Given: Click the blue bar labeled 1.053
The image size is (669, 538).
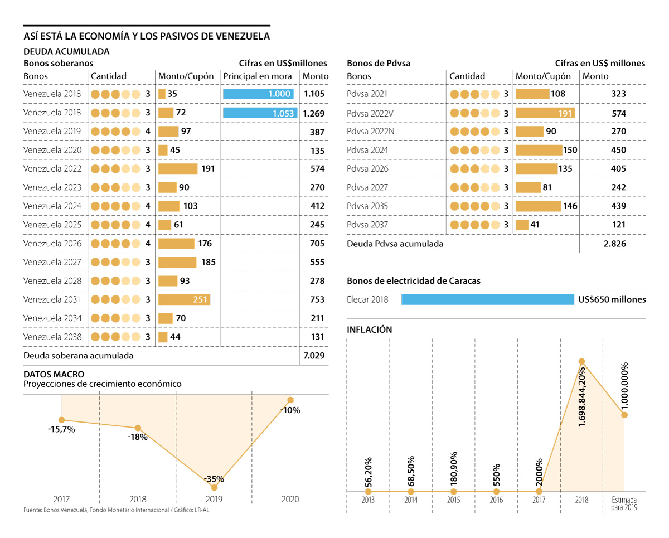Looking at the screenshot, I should [260, 113].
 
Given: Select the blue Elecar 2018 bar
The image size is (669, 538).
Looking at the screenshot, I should [487, 300].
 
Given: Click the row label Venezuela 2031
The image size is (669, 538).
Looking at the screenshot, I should [52, 300].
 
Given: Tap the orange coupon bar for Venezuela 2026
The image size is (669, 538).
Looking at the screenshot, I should [176, 244].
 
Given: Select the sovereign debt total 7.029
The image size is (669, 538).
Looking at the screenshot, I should [314, 355].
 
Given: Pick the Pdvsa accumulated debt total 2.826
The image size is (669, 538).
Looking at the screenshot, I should [615, 244].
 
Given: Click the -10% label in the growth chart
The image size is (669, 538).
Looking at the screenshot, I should [290, 410].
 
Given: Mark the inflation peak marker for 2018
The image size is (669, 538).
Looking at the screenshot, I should [582, 361].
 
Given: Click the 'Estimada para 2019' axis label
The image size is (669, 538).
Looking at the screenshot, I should [624, 503].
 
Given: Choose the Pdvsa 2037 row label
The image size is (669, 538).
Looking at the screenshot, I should [367, 225].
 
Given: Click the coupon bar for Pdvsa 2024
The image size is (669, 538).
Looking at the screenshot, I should [539, 150].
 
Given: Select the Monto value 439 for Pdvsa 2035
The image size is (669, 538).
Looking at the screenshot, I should [618, 206].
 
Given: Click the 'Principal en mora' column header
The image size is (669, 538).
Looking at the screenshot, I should [258, 76].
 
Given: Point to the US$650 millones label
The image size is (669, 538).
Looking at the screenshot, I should [612, 300].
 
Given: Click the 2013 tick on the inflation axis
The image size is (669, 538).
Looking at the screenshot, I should [368, 500].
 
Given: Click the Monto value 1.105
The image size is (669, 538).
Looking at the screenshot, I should [314, 94].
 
